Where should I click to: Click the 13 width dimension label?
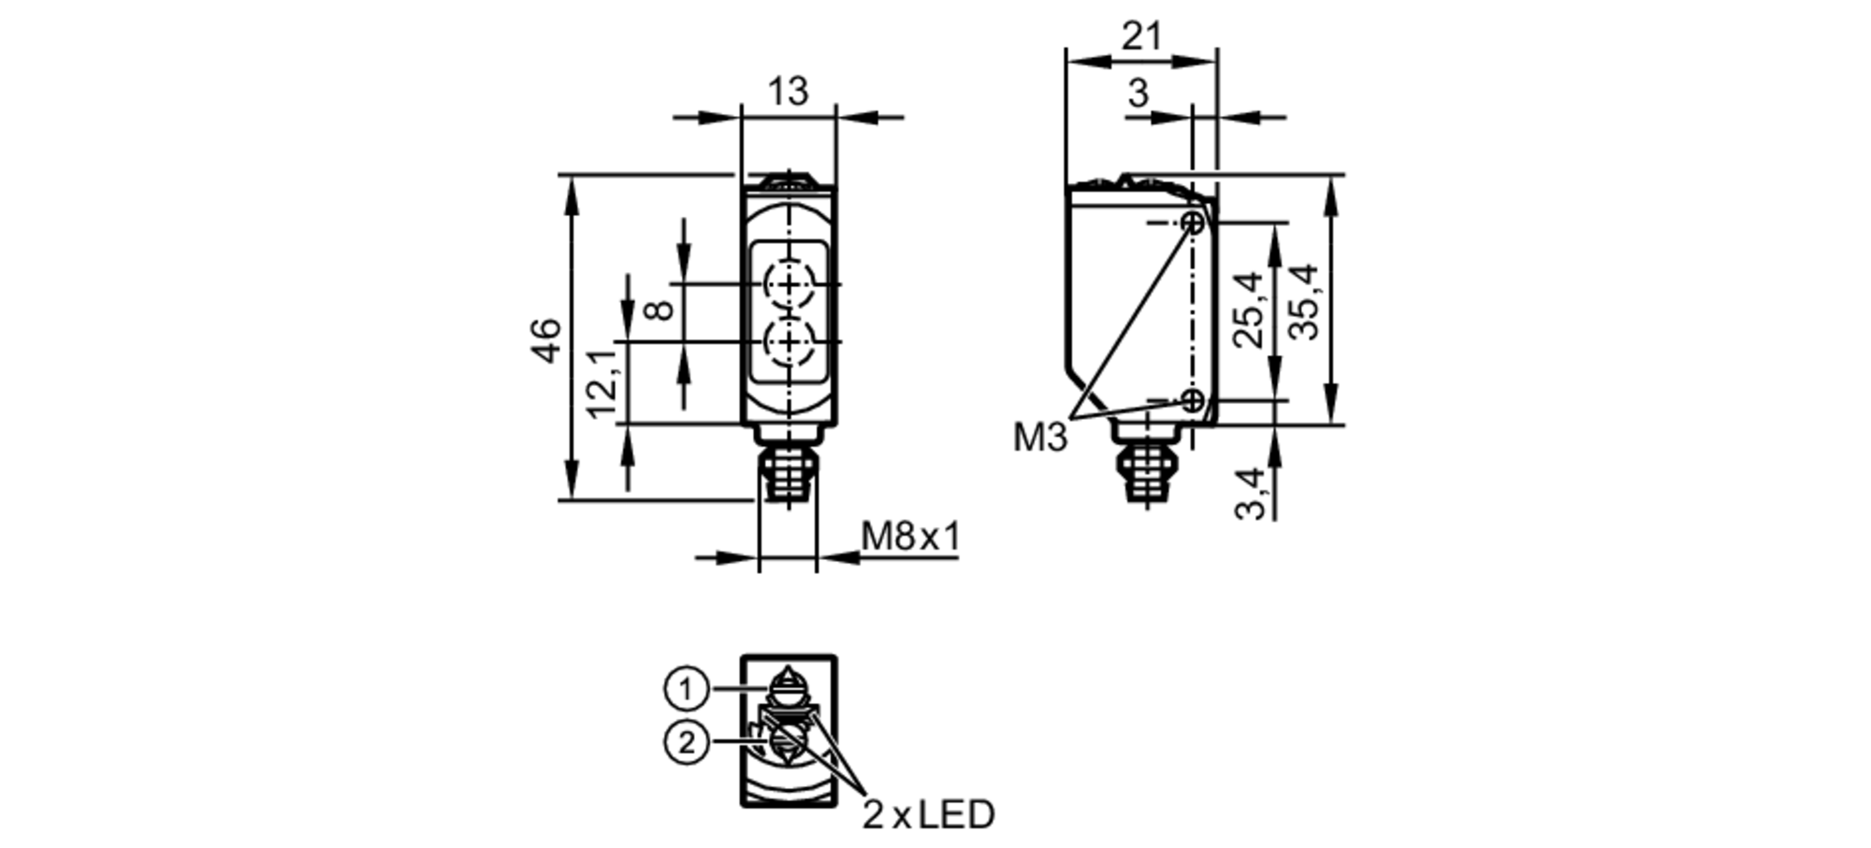788,92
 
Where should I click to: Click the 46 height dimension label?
546,339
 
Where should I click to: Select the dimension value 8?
660,309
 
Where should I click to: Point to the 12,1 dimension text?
602,383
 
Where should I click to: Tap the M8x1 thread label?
910,537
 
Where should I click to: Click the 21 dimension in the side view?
1141,37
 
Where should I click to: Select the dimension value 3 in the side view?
1138,93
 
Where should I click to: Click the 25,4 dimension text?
1249,309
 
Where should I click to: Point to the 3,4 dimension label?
1251,493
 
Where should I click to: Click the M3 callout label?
1039,438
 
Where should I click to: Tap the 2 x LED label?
928,814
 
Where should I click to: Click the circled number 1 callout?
687,690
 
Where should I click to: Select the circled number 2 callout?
687,744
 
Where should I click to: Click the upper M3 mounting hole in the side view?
1194,223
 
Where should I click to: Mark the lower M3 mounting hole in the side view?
1194,401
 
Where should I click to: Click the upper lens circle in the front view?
790,283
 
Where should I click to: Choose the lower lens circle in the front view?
790,342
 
